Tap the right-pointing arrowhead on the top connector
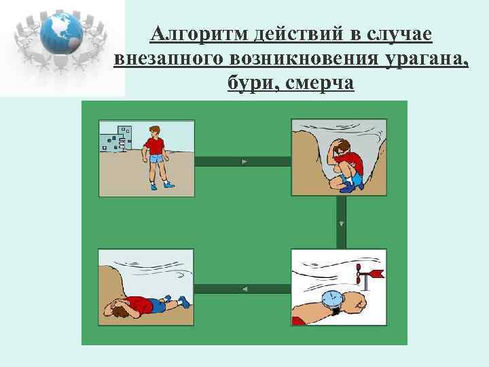click(244, 162)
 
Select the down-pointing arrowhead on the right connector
click(342, 223)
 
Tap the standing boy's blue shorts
click(156, 160)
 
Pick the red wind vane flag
click(375, 274)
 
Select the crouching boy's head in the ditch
click(342, 147)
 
